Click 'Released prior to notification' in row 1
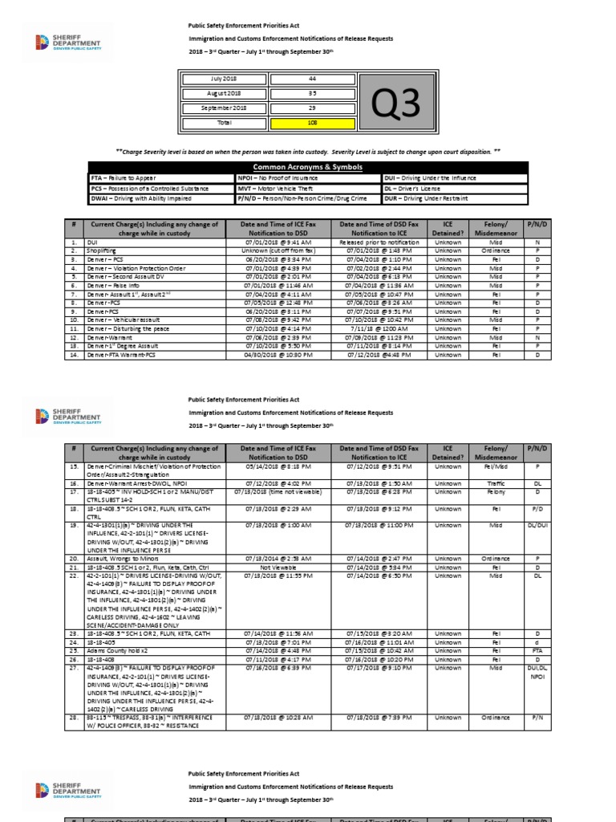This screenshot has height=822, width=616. tap(369, 240)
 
